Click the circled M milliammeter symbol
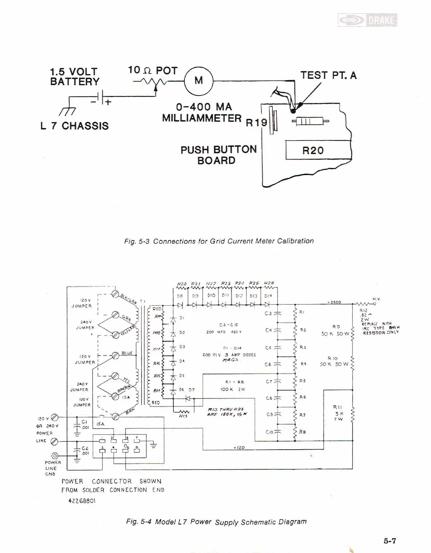coord(198,81)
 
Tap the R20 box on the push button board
coord(313,150)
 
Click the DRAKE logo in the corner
coord(367,20)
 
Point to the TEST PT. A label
coord(328,75)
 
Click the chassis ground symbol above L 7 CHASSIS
coord(68,110)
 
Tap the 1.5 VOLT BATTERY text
coord(74,77)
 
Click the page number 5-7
coord(390,540)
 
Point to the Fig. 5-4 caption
coord(216,522)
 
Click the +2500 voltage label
coord(333,302)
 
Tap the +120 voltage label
coord(239,447)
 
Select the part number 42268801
coord(82,501)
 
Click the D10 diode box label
coord(211,295)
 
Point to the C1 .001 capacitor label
coord(84,425)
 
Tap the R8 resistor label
coord(303,432)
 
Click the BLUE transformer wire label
coord(127,353)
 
